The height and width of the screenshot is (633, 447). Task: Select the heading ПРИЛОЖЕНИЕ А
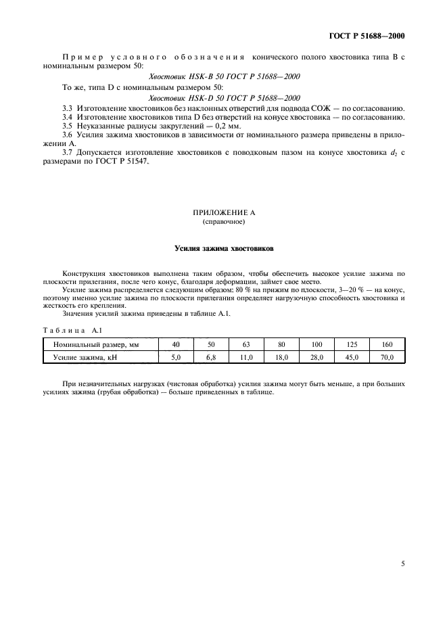tap(223, 212)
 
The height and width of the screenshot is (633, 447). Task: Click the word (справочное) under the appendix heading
tap(223, 221)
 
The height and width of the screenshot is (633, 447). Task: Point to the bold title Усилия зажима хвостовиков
tap(223, 248)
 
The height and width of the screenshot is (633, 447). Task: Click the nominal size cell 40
tap(176, 345)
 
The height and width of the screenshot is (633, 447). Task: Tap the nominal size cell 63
tap(246, 345)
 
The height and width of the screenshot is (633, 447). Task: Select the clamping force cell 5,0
tap(176, 357)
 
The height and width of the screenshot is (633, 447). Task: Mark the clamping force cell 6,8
tap(211, 357)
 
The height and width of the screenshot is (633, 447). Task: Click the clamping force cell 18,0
tap(281, 357)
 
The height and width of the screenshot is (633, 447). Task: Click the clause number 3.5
tap(67, 126)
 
